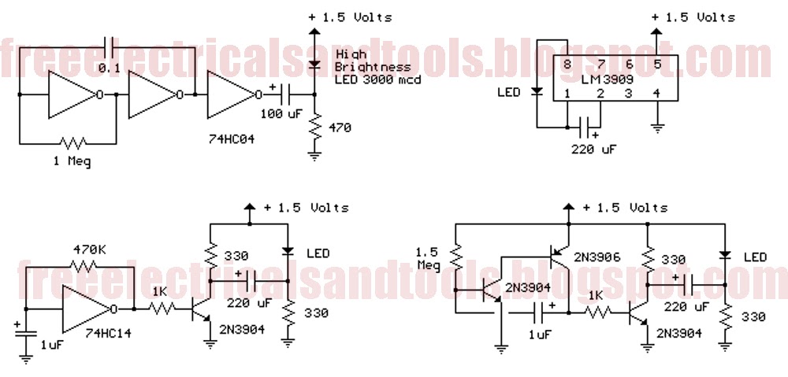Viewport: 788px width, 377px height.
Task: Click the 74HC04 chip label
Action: tap(231, 139)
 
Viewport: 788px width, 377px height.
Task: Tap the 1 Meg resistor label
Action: tap(72, 161)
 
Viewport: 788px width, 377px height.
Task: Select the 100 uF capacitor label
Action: tap(281, 113)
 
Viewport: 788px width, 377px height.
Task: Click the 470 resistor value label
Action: tap(340, 128)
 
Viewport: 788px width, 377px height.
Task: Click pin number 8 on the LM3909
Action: tap(567, 64)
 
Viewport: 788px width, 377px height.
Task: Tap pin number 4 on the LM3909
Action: tap(656, 93)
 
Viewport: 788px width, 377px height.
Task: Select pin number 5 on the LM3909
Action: tap(656, 64)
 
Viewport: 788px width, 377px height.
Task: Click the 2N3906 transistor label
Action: tap(597, 257)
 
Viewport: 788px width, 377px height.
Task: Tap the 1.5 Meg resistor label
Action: tap(428, 258)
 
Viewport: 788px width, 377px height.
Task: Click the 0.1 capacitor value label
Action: tap(110, 68)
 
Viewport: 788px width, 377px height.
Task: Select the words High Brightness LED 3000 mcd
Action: tap(378, 67)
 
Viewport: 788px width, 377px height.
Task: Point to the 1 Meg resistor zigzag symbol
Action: tap(72, 143)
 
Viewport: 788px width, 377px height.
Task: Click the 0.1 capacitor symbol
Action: tap(110, 47)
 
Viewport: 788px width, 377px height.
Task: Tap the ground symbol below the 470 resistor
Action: tap(315, 156)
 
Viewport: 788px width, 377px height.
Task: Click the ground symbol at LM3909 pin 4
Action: tap(657, 128)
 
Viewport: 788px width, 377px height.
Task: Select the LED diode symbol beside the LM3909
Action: tap(537, 92)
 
